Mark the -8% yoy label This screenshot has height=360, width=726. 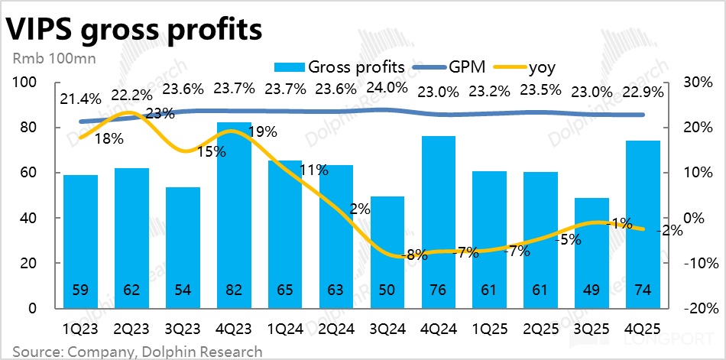point(413,255)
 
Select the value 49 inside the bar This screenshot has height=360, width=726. point(591,290)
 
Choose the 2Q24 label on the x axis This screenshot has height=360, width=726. point(335,329)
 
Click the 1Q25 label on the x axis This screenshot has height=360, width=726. point(488,329)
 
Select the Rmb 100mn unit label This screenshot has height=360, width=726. point(44,59)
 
